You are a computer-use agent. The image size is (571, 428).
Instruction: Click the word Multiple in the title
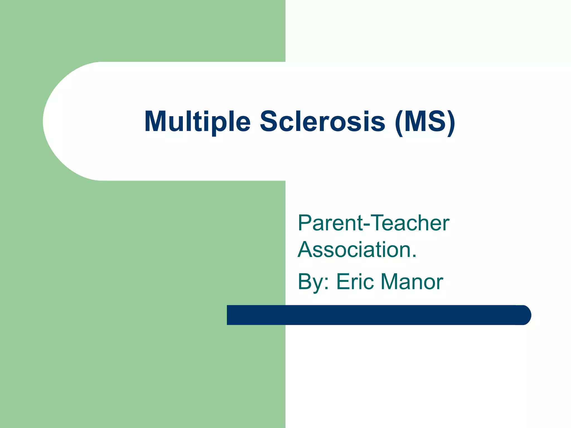click(197, 122)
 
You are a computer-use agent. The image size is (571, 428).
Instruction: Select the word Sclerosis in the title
click(323, 122)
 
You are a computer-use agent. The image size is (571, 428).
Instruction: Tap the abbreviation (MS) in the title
click(425, 122)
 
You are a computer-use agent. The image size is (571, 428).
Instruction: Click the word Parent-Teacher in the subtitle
click(373, 223)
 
